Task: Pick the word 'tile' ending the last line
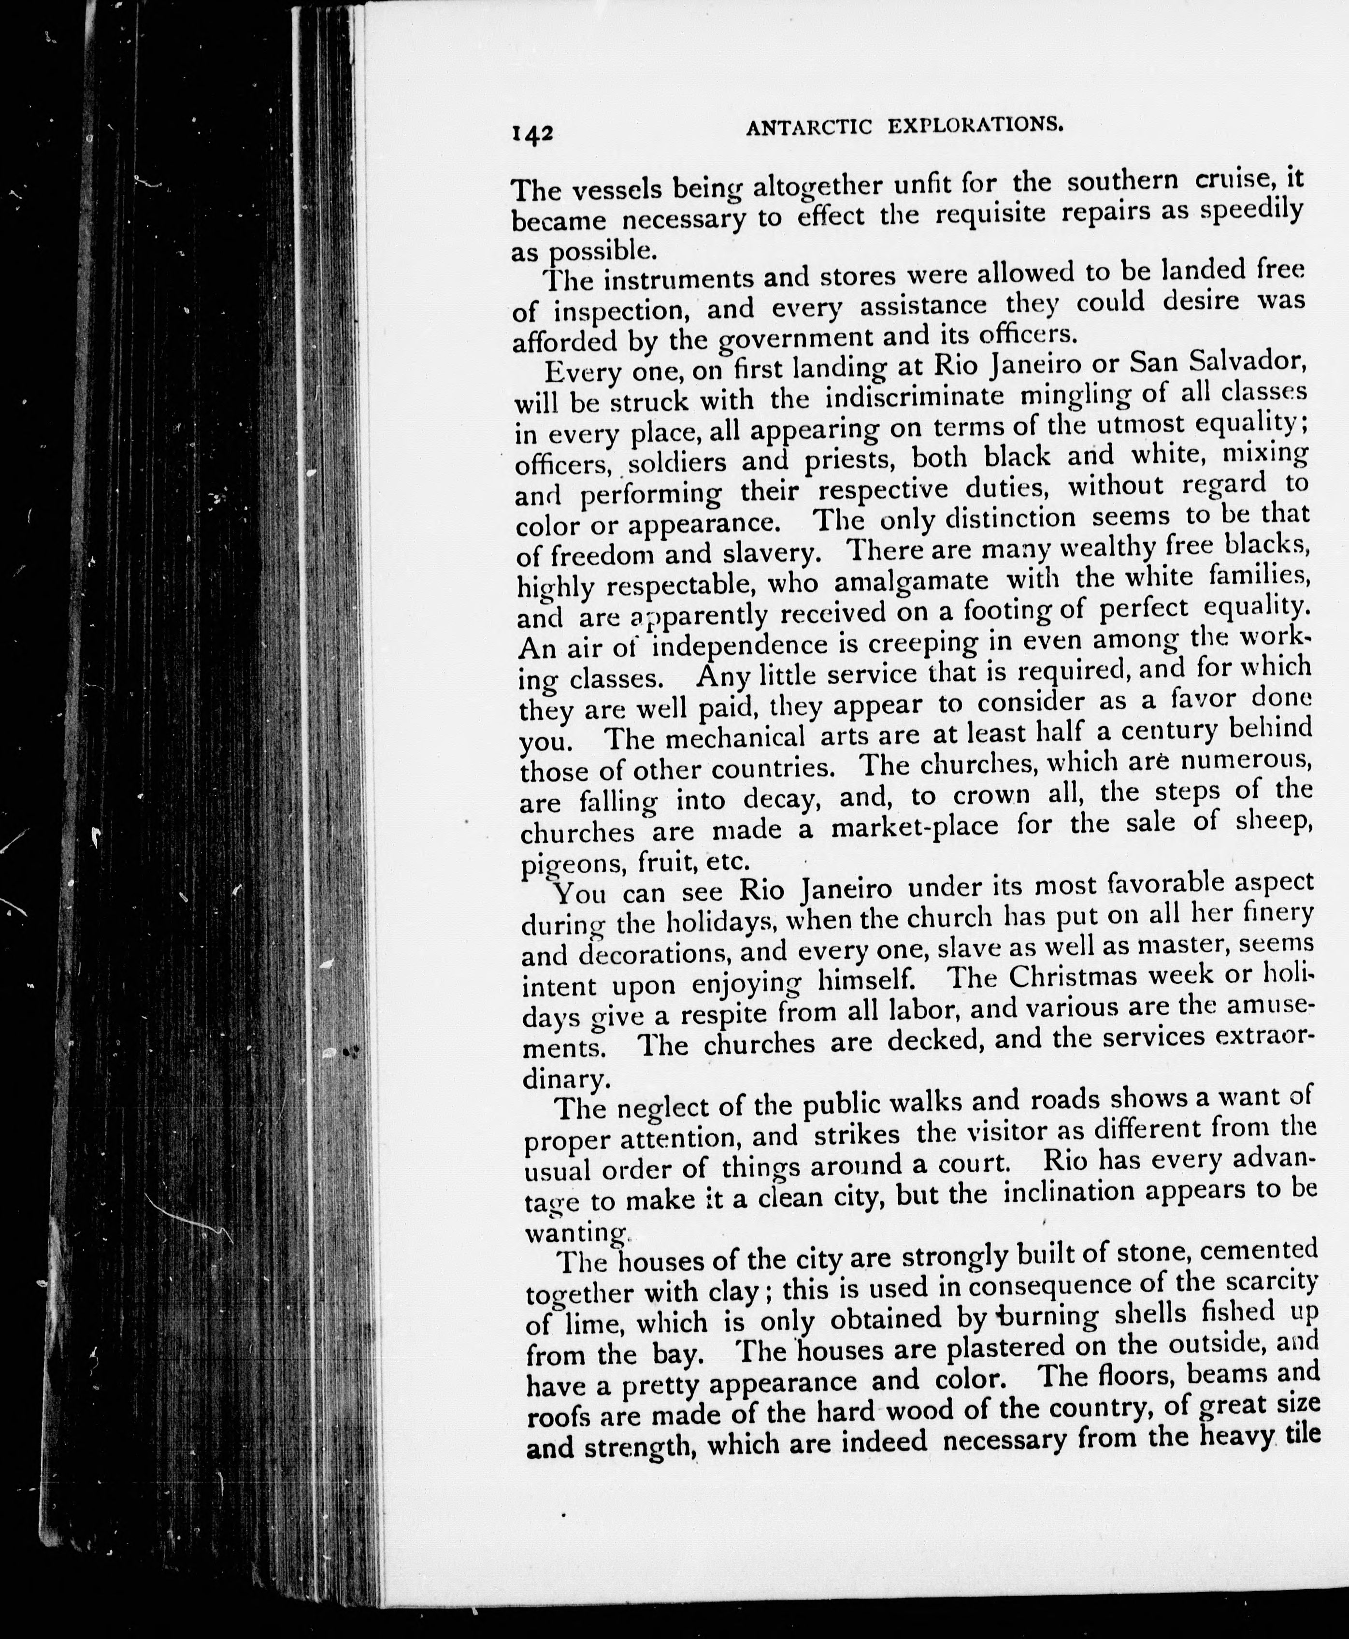coord(1304,1432)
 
